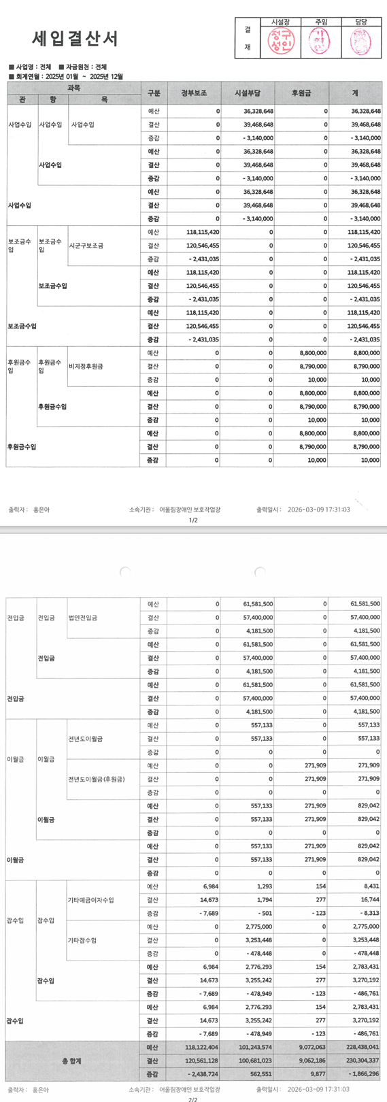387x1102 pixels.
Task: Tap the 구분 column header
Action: click(x=153, y=93)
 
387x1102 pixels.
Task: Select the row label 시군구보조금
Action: click(x=86, y=246)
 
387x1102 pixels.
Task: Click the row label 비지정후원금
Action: click(x=86, y=367)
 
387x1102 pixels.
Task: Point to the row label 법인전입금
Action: click(x=83, y=618)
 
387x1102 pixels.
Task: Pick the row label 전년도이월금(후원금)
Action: click(x=97, y=779)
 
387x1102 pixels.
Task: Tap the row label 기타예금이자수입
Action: click(x=91, y=900)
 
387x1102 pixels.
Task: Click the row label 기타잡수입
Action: click(x=83, y=940)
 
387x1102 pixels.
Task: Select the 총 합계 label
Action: click(x=71, y=1061)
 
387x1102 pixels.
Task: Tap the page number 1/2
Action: click(x=193, y=520)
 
